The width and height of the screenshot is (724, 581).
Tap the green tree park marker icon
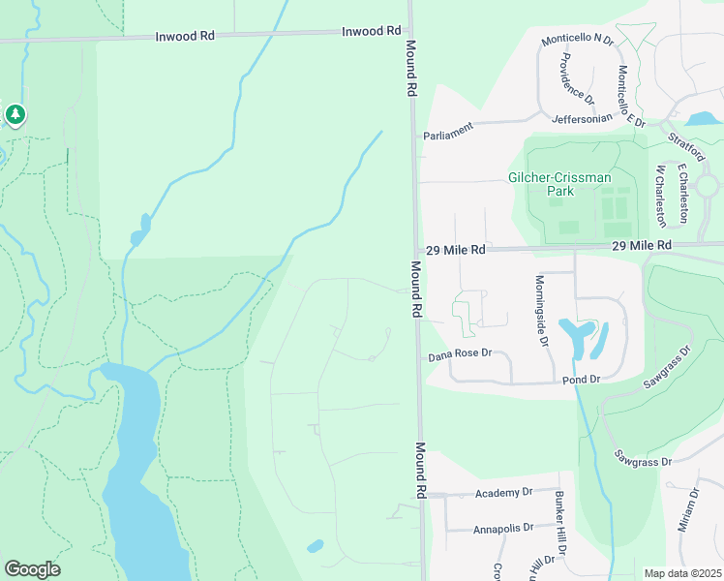(15, 115)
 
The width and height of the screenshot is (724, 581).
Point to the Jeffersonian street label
(583, 118)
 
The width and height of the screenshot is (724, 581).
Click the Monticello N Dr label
(578, 39)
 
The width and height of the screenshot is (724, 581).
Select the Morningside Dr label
(541, 311)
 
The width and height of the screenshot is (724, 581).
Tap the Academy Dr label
(504, 493)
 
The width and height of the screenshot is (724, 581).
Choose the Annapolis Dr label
(503, 529)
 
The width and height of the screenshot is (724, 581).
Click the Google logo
(32, 569)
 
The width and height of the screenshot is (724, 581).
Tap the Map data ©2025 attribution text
(683, 573)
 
